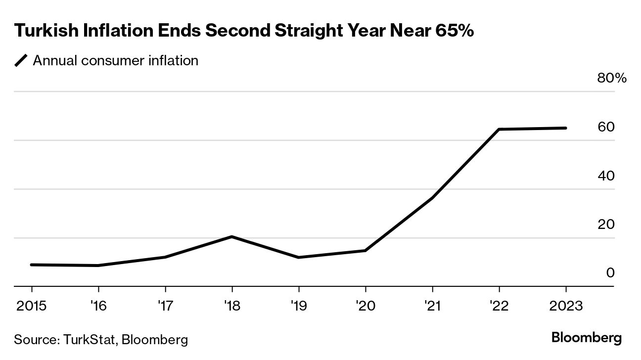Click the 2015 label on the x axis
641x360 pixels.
coord(32,306)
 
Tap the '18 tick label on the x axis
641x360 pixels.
coord(231,306)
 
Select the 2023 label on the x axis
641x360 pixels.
coord(565,306)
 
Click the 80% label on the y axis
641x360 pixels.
coord(612,78)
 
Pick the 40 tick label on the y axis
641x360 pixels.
coord(606,176)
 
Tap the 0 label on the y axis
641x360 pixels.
coord(610,273)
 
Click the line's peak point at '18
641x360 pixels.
coord(231,237)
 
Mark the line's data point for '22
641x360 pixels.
coord(499,130)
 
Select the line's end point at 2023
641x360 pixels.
coord(565,128)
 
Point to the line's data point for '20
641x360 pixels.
coord(366,251)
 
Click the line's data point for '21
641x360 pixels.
coord(432,198)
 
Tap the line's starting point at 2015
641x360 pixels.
coord(32,265)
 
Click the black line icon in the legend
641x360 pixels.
coord(21,61)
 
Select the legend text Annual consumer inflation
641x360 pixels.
coord(115,61)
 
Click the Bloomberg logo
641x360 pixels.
coord(586,338)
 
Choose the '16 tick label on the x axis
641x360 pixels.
coord(98,306)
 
